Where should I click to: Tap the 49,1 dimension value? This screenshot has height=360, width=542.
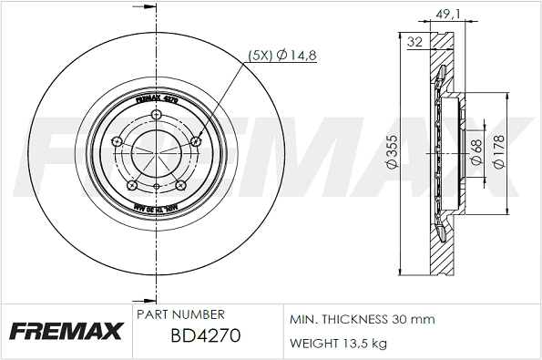pyautogui.click(x=445, y=14)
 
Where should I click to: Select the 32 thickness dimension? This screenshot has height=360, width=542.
pyautogui.click(x=414, y=42)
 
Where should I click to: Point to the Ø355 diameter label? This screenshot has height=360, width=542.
pyautogui.click(x=390, y=156)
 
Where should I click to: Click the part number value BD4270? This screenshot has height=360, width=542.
pyautogui.click(x=205, y=335)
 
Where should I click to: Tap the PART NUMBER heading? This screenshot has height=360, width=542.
pyautogui.click(x=179, y=314)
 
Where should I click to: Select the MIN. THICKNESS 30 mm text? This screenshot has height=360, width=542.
pyautogui.click(x=362, y=320)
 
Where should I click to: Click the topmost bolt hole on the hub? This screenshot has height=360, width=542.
pyautogui.click(x=157, y=115)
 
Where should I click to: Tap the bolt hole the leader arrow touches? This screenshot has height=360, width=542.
pyautogui.click(x=198, y=141)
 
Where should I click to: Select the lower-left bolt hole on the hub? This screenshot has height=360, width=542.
pyautogui.click(x=133, y=185)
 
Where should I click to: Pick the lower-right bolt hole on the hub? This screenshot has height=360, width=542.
pyautogui.click(x=181, y=185)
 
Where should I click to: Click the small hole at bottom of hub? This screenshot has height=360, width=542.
pyautogui.click(x=157, y=189)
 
